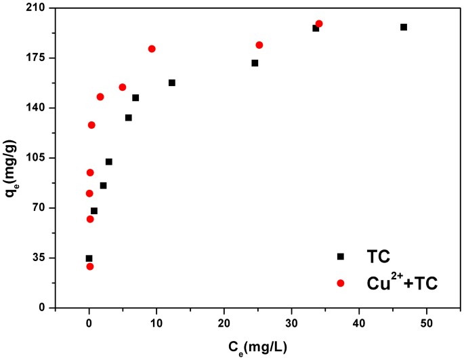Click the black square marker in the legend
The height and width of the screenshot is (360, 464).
tap(341, 256)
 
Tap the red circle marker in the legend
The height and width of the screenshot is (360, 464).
tap(341, 283)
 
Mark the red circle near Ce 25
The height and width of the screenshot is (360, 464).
tap(259, 45)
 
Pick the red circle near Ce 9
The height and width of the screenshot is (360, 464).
tap(152, 49)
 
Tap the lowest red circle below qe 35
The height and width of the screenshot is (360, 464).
tap(90, 266)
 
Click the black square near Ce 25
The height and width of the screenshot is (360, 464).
tap(255, 63)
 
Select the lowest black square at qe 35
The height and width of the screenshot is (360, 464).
tap(89, 258)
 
